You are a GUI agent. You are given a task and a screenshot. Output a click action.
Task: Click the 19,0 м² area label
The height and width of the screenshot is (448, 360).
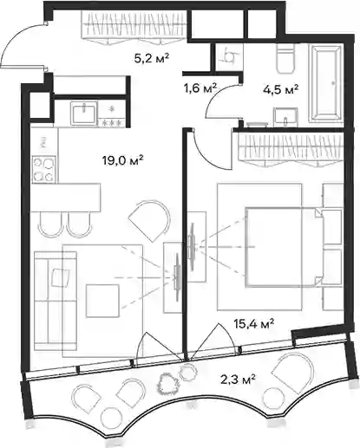point(123,159)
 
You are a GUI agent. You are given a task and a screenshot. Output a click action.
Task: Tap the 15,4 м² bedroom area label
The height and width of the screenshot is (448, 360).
point(254,324)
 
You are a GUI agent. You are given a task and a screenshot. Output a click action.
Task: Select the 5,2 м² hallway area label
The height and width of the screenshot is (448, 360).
point(152,59)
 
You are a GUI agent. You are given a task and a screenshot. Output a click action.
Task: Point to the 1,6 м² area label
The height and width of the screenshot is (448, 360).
point(200,88)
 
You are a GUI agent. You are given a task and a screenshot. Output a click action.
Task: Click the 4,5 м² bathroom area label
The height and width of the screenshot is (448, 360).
point(280,90)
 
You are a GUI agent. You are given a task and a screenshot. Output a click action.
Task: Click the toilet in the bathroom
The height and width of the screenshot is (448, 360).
point(285,58)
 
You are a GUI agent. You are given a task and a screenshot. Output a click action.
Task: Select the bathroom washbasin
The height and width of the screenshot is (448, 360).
point(285,117)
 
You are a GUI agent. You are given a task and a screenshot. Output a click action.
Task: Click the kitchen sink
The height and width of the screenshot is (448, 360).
point(84,114)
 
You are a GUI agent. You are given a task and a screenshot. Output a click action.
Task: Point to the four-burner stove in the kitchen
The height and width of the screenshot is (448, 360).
point(44,169)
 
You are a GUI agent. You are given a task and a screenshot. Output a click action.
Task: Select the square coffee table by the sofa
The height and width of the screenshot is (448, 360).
point(102,301)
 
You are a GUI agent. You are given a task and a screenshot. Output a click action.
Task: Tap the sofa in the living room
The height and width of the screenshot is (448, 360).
point(56,301)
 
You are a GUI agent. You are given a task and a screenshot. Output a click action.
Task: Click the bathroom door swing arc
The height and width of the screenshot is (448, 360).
point(214,98)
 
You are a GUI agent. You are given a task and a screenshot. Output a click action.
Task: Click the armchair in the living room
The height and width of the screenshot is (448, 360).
point(149,220)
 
